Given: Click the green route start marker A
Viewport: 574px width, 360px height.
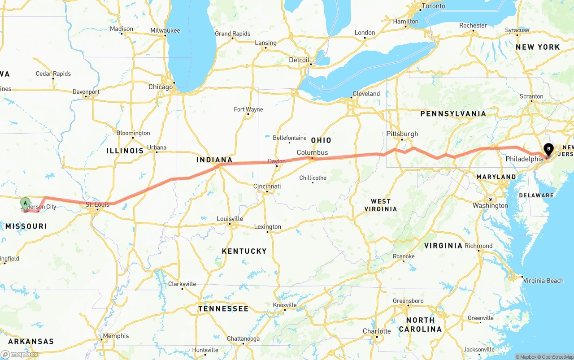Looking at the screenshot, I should [26, 204].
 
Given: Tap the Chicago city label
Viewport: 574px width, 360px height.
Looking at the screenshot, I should [161, 87].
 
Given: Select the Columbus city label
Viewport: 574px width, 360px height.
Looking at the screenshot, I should [312, 152].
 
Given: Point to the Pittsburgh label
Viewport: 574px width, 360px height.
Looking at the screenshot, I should [402, 134].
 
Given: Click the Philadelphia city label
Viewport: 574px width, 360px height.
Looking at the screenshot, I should [524, 159].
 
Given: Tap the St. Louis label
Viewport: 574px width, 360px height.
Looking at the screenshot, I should [97, 204].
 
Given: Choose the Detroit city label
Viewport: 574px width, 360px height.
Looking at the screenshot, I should [299, 60].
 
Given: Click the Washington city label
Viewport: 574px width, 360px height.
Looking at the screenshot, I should [490, 206].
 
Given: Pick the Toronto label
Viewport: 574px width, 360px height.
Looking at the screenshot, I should [434, 6].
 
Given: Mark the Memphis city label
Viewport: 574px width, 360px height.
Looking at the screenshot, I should [116, 336].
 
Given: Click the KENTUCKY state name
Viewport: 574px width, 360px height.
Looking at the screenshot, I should [244, 251].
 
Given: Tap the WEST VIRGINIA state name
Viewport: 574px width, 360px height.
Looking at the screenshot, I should [381, 205].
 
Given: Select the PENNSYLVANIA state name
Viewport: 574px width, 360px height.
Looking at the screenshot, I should [453, 114].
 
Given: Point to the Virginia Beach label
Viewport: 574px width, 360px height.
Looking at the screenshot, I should [543, 281].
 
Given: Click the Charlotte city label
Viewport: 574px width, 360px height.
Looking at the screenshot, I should [377, 331].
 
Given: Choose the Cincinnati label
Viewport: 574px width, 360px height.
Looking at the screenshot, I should [267, 186].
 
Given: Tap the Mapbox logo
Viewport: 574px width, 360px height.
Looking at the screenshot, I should [20, 354].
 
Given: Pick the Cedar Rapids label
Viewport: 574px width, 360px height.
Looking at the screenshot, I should [53, 74].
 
